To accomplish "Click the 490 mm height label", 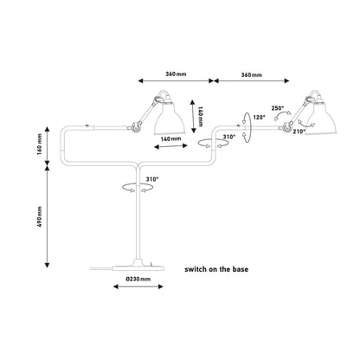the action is pos(40,216).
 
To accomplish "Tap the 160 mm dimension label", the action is pos(40,145).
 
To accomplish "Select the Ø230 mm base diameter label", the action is pos(138,279).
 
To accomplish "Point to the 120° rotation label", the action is pos(259,117).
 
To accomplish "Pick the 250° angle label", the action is pos(278,108).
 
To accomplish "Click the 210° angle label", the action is pos(299,132).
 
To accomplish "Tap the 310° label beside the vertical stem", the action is pos(152,179).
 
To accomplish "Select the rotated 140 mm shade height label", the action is pos(201,116).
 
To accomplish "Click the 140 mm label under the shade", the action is pos(170,138).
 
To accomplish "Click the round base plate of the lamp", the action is pos(138,268).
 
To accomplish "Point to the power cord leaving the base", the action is pos(101,268).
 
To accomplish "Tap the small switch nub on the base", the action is pos(151,263).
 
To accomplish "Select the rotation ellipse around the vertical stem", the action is pos(138,190).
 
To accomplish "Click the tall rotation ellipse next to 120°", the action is pos(250,127).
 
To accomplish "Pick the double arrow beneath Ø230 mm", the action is pos(138,286).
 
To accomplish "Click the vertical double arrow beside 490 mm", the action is pos(48,217).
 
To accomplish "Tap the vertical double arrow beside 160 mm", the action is pos(48,145).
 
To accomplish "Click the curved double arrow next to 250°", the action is pos(282,115).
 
